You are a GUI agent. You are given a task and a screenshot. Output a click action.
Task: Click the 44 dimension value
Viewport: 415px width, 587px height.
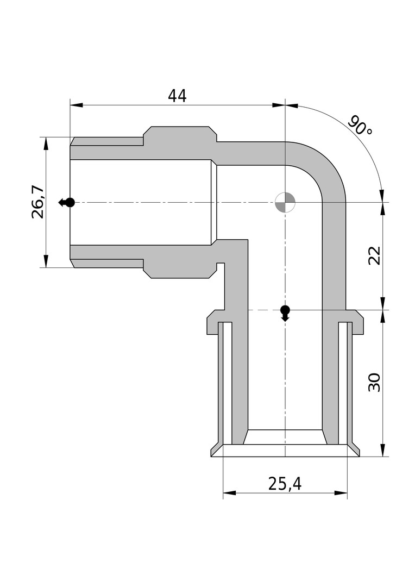[177, 96]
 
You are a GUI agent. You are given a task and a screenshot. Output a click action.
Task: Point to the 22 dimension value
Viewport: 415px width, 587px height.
[374, 255]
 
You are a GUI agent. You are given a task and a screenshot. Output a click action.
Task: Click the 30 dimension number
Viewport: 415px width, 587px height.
[374, 382]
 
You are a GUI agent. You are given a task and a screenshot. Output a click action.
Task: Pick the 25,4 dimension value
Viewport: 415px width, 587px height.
[285, 484]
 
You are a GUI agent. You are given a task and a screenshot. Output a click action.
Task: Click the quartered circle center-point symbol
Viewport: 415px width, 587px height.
[285, 203]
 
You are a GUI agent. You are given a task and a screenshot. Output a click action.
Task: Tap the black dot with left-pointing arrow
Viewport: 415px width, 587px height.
[67, 203]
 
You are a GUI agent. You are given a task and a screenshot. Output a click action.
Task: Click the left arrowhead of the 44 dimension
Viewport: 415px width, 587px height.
[77, 105]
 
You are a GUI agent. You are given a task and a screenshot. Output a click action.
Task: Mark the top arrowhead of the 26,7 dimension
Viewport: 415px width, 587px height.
[46, 143]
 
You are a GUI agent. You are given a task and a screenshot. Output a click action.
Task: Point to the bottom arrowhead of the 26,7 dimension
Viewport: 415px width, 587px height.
[46, 261]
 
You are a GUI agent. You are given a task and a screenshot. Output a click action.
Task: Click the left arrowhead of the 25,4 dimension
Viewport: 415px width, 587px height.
[229, 492]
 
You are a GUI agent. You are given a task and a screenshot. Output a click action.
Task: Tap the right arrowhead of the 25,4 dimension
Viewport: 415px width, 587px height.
[341, 492]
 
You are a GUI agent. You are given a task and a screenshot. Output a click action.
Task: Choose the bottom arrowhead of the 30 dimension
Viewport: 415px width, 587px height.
[382, 451]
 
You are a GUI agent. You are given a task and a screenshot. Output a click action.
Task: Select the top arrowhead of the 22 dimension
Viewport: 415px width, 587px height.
[382, 209]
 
